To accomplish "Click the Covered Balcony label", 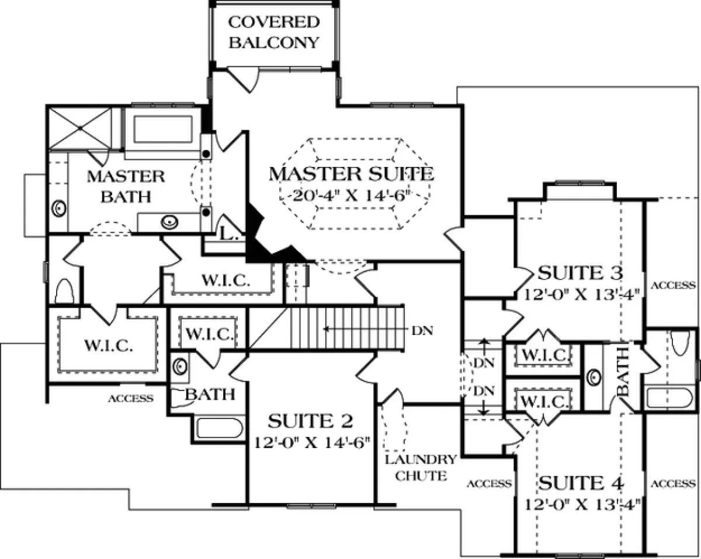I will click(x=274, y=32).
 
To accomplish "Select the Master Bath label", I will click(x=126, y=186).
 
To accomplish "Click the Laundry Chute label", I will click(x=419, y=467).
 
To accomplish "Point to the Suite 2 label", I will click(x=310, y=421).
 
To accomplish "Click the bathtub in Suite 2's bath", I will click(x=219, y=428).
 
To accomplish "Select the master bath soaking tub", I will click(x=163, y=130).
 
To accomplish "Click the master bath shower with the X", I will click(x=78, y=126).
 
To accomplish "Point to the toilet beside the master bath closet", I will click(x=65, y=289).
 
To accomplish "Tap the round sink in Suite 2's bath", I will click(x=180, y=367).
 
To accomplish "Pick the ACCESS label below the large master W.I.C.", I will click(x=131, y=399).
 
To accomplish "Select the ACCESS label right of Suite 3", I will click(x=673, y=285).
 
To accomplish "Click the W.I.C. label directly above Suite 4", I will click(x=543, y=401).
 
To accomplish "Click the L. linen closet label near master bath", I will click(x=227, y=234).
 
